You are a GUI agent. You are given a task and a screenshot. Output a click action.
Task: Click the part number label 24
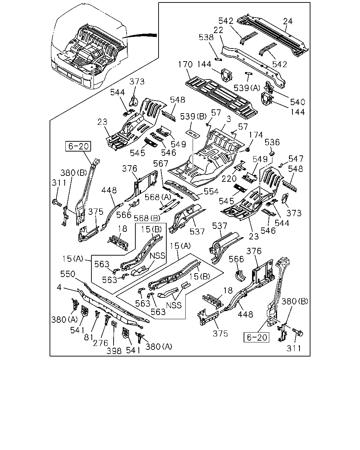tap(288, 21)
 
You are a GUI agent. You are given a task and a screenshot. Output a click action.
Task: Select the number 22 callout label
tap(218, 30)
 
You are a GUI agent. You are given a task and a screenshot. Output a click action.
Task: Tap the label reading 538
tap(206, 37)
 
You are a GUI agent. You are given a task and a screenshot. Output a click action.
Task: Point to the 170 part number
tap(185, 64)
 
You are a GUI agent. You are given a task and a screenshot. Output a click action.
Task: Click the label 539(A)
tap(247, 88)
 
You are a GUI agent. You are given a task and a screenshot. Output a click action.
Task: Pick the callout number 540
tap(298, 102)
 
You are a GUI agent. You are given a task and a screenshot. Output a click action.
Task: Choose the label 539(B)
tap(193, 117)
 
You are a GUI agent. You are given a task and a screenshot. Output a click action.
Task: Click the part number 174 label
tap(256, 135)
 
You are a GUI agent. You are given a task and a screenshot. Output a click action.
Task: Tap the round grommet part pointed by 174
tap(247, 150)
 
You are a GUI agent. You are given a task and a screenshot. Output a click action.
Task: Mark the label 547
tap(296, 159)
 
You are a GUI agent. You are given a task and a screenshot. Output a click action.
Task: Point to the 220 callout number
tap(229, 179)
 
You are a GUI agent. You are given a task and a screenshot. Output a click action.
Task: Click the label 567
tap(161, 164)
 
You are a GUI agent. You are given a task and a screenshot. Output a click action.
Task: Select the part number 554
tap(211, 192)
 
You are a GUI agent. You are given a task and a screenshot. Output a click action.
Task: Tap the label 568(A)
tap(158, 197)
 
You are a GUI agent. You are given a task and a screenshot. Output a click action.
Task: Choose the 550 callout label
tap(68, 274)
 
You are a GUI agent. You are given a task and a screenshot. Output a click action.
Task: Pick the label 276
tap(101, 343)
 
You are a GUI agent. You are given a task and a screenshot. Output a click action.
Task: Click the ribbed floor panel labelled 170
tap(221, 97)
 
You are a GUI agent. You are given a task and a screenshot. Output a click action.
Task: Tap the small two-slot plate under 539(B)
tap(193, 134)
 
